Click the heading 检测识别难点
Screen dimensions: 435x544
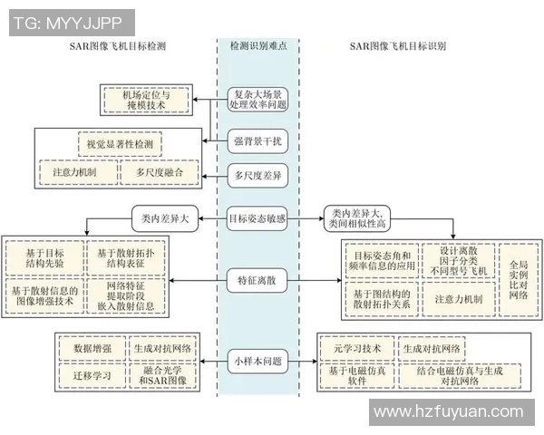(x=258, y=44)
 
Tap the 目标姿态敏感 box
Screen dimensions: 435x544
(x=257, y=218)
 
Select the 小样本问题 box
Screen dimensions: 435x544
(x=257, y=361)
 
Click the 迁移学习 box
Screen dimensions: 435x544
(x=87, y=372)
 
